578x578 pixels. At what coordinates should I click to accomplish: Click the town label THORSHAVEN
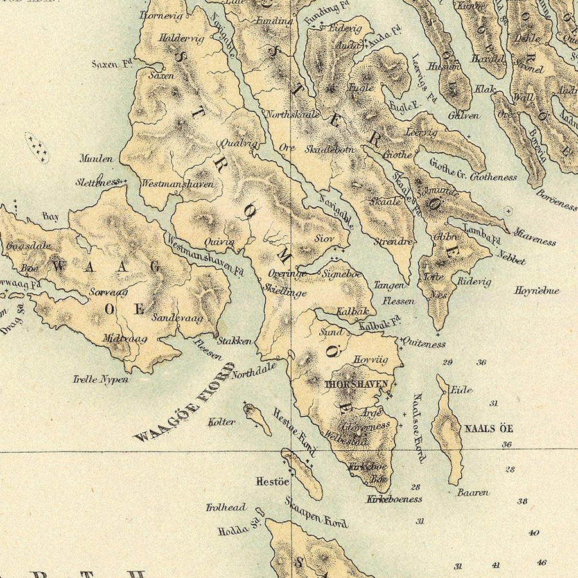[x=357, y=384]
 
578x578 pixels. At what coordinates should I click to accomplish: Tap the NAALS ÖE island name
[x=489, y=428]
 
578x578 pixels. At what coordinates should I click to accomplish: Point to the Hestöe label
[x=272, y=480]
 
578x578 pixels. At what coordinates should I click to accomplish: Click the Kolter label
[x=222, y=422]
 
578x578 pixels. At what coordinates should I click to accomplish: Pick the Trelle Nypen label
[x=100, y=380]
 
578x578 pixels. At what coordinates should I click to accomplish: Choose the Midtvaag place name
[x=125, y=338]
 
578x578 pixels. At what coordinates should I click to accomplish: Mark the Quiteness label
[x=423, y=344]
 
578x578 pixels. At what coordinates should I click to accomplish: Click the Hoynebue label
[x=537, y=291]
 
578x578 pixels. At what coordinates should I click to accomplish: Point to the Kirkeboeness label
[x=394, y=498]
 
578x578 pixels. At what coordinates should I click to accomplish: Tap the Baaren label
[x=473, y=493]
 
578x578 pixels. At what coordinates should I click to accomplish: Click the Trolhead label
[x=226, y=507]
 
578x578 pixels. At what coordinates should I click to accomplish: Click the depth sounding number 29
[x=447, y=362]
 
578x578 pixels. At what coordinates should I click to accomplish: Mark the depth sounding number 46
[x=541, y=563]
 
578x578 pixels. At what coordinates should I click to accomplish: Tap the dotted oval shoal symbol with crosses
[x=37, y=147]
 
